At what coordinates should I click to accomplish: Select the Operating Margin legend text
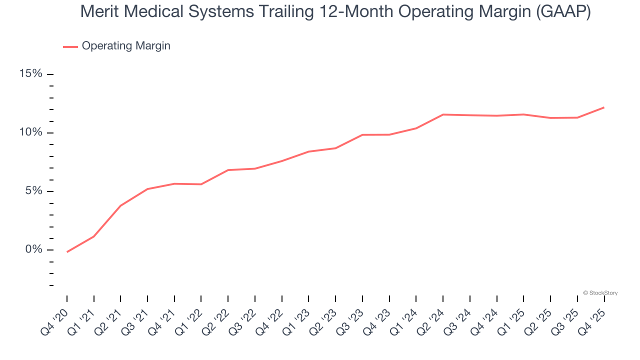[x=126, y=46]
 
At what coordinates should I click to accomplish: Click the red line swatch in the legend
[x=70, y=46]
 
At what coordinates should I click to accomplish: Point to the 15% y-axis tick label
[x=31, y=74]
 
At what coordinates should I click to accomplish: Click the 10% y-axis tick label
[x=31, y=132]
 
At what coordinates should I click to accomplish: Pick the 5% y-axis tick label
[x=34, y=191]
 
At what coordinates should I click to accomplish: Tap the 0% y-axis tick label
[x=34, y=249]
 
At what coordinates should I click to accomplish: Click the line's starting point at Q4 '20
[x=67, y=251]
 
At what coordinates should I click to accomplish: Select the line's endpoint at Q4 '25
[x=604, y=107]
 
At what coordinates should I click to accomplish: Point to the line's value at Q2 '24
[x=443, y=114]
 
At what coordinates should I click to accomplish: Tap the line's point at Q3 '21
[x=147, y=189]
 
